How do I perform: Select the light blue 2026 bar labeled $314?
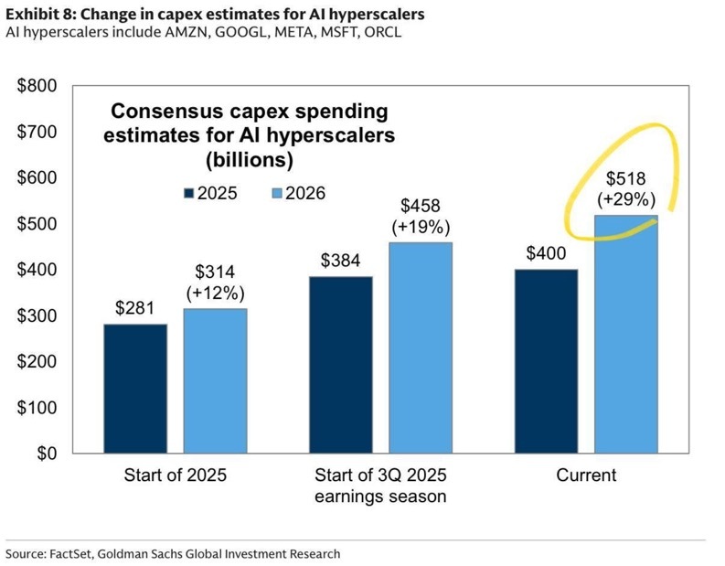(215, 380)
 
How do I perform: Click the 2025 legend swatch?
(190, 193)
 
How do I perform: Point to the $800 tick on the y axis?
(38, 86)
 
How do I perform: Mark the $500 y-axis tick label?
(38, 224)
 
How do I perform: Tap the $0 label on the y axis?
(47, 454)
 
